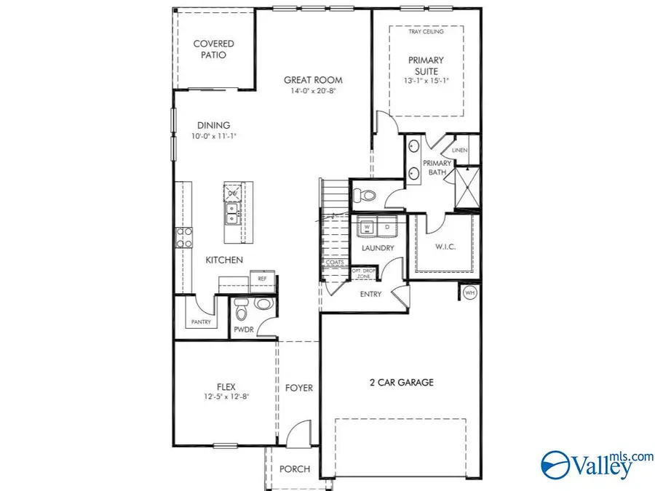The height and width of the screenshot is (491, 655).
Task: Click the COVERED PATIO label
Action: [x=213, y=49]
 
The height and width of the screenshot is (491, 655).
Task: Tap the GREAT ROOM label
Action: [x=313, y=80]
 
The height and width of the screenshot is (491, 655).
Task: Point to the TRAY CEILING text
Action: [x=426, y=31]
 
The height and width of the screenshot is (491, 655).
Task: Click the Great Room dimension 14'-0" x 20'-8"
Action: [x=313, y=92]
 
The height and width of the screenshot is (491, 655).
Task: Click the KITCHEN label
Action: [x=223, y=260]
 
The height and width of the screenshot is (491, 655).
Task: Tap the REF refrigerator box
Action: [x=261, y=279]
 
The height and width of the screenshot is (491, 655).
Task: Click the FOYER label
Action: [x=298, y=388]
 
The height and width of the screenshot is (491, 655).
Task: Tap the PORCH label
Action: [x=295, y=469]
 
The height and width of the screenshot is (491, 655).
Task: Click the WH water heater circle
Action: [x=469, y=292]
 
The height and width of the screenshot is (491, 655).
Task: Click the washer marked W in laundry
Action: [x=367, y=227]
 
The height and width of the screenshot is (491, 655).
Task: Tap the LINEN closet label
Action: [x=459, y=151]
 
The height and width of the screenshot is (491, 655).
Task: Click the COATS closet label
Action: [x=335, y=263]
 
